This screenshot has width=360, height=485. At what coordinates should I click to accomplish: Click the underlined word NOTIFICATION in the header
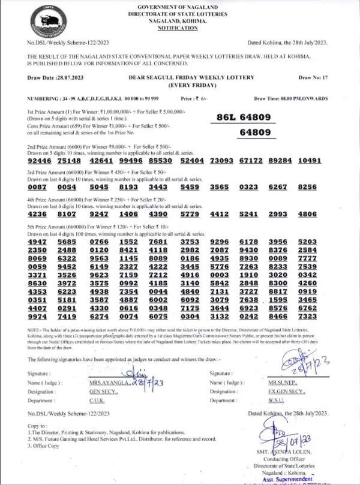point(177,28)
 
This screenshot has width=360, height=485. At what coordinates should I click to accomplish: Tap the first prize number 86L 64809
point(247,117)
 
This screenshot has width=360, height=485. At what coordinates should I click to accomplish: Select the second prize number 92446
point(40,161)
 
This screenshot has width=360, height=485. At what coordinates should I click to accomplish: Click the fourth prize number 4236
point(40,213)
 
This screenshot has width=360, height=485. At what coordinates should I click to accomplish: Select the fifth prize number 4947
point(40,241)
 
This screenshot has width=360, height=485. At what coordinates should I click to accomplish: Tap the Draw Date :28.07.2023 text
point(53,78)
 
